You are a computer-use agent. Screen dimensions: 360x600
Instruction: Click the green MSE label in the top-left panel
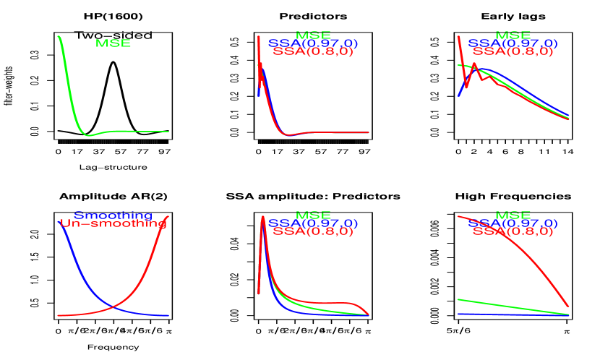point(113,43)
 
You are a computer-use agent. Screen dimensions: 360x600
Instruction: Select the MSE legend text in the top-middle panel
point(313,35)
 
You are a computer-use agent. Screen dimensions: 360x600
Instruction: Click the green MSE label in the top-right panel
point(513,35)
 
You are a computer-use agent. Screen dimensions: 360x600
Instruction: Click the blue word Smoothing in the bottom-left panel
point(113,215)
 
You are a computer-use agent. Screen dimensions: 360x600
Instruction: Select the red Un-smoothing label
point(113,224)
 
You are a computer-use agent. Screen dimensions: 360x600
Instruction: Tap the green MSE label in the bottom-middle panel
point(313,215)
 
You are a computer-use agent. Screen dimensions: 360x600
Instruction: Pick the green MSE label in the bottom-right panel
point(513,215)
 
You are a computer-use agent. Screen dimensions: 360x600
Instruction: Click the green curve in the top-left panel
point(72,101)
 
